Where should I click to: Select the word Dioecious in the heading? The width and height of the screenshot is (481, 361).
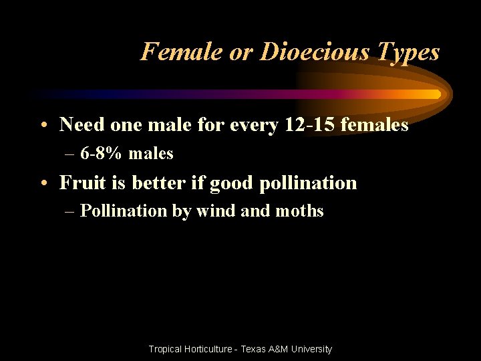[300, 51]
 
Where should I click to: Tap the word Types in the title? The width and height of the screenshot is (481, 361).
[408, 52]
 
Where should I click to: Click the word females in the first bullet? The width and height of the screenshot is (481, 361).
[375, 124]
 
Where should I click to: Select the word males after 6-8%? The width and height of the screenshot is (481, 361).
[151, 154]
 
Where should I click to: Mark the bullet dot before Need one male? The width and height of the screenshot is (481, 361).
[43, 125]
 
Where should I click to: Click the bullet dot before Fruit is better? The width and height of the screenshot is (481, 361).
[43, 183]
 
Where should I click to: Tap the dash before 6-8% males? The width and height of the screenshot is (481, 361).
[71, 154]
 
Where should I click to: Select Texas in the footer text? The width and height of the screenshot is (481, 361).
[253, 349]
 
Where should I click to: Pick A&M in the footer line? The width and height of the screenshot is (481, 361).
[280, 349]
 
